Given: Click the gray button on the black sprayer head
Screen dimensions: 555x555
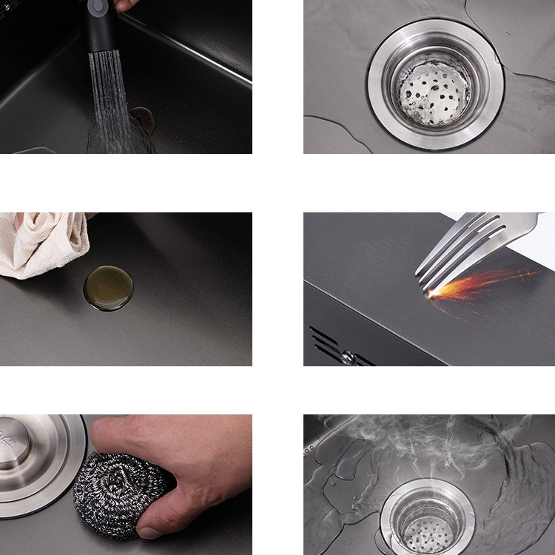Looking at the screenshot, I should point(98,6).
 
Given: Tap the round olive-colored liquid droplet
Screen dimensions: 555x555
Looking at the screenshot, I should point(108,288).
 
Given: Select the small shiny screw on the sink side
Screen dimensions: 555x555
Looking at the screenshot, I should point(347,357).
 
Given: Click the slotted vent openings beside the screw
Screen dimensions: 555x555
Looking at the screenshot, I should point(326,344).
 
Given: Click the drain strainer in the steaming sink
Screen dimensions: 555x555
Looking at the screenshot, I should point(428,522).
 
